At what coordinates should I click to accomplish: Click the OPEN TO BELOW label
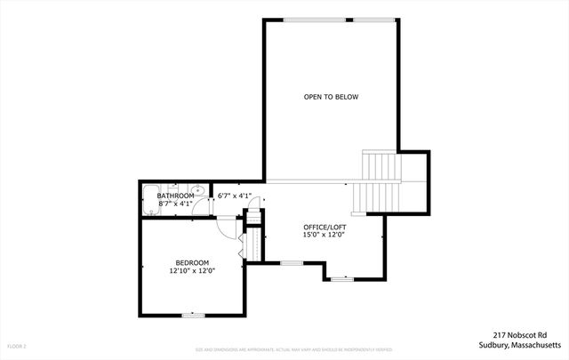click(x=331, y=97)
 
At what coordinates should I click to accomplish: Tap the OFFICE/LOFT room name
click(x=325, y=227)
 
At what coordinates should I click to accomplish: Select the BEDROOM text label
click(x=191, y=262)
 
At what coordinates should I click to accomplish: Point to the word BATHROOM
click(x=176, y=196)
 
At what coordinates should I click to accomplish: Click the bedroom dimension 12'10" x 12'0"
click(x=191, y=271)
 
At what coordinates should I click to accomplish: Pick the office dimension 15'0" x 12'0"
click(x=325, y=236)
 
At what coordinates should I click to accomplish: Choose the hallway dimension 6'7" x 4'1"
click(x=235, y=196)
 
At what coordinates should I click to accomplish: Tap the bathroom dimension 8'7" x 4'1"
click(x=176, y=204)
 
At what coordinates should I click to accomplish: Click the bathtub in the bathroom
click(x=151, y=197)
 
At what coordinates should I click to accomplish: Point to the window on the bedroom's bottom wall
click(x=192, y=314)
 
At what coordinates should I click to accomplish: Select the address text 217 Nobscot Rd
click(x=529, y=335)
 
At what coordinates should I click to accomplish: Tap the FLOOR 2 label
click(x=18, y=345)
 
